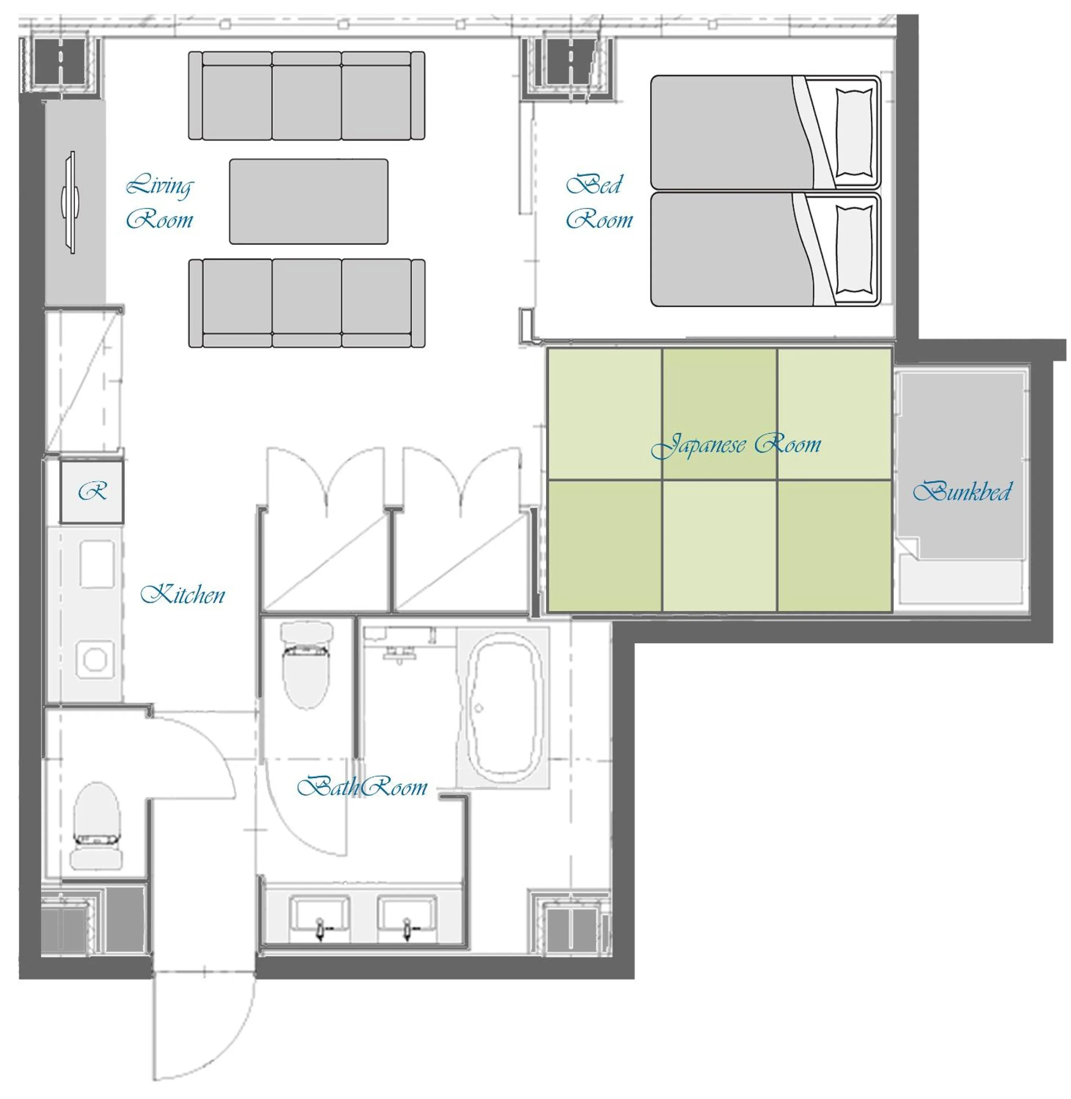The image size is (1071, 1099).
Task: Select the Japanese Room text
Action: [x=736, y=445]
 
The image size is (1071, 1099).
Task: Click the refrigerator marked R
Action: [x=92, y=492]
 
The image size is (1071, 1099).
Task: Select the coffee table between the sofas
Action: [x=308, y=201]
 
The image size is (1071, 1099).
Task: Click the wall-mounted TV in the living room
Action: [x=70, y=202]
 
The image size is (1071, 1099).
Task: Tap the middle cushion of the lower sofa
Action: [x=307, y=303]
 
